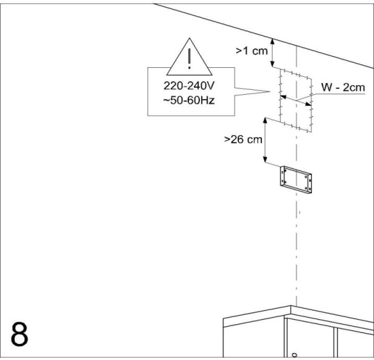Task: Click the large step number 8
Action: [19, 334]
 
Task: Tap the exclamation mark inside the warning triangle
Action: [190, 59]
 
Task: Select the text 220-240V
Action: [189, 86]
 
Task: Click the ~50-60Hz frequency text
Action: [189, 100]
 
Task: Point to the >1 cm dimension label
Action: [252, 51]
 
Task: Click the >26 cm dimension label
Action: [243, 140]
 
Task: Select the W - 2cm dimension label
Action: [343, 87]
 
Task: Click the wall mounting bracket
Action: [296, 179]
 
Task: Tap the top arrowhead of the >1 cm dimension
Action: [273, 42]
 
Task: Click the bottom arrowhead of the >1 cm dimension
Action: [272, 64]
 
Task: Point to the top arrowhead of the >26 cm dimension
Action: [265, 120]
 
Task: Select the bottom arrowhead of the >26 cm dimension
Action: [264, 160]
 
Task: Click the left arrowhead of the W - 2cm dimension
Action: [283, 97]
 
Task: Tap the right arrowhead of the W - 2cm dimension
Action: [308, 104]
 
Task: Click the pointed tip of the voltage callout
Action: [270, 92]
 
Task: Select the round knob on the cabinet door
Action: [295, 355]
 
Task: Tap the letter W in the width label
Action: [326, 87]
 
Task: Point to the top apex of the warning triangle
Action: [190, 38]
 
